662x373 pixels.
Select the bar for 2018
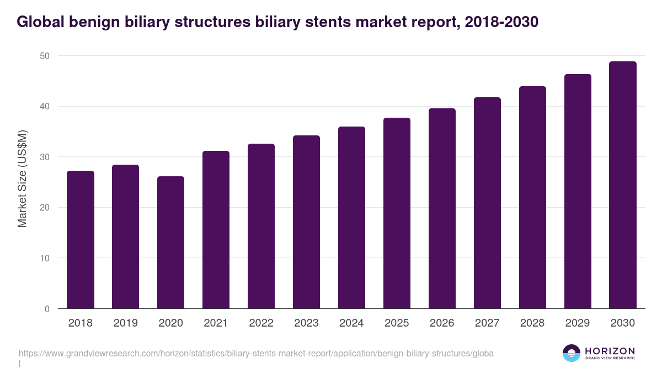[x=81, y=240]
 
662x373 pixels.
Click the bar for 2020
[x=171, y=243]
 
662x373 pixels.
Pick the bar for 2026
[x=442, y=208]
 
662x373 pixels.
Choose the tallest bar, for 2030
[x=623, y=185]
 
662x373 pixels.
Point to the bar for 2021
[x=216, y=230]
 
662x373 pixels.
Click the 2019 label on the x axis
[x=126, y=323]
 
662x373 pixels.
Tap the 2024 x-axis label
[x=352, y=323]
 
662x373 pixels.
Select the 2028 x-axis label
[x=532, y=323]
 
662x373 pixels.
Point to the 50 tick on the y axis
[x=45, y=56]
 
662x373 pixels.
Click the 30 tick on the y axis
[x=45, y=157]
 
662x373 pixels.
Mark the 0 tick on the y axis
[x=47, y=309]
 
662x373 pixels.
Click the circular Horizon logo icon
[x=572, y=353]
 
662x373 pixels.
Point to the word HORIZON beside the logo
[x=610, y=351]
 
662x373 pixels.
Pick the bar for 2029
[x=578, y=191]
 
